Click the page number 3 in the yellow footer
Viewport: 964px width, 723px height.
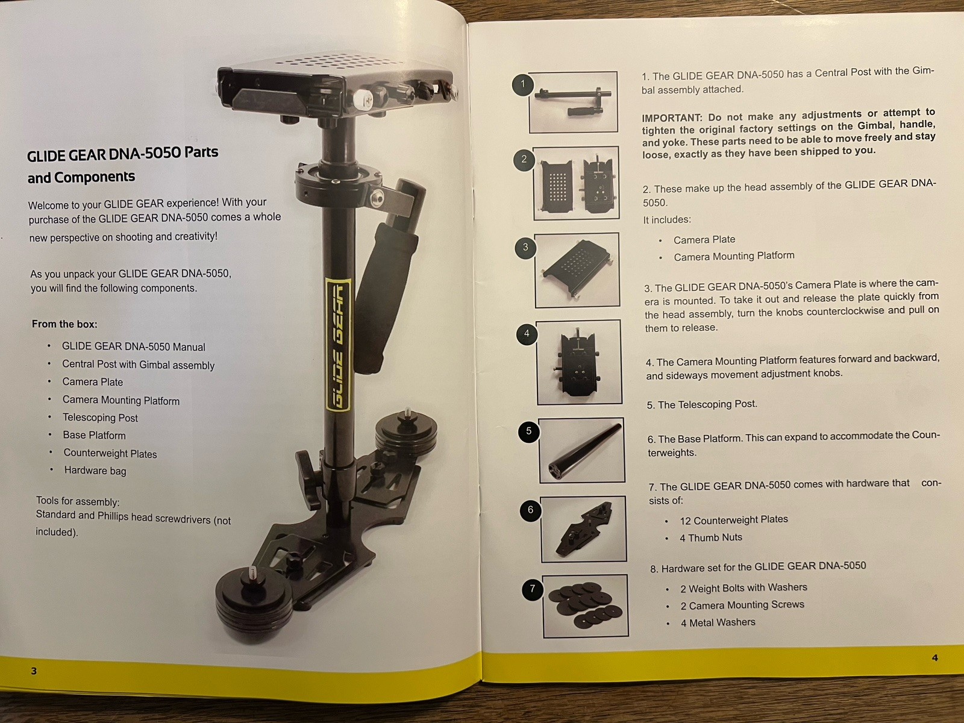click(x=34, y=671)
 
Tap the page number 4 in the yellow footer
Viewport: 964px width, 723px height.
click(x=934, y=657)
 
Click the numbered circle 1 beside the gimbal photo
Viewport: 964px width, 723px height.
click(x=522, y=84)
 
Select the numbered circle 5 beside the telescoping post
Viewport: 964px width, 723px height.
click(x=529, y=431)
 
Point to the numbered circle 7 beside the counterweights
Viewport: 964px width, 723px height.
click(x=533, y=589)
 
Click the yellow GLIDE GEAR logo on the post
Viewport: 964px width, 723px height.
click(x=338, y=344)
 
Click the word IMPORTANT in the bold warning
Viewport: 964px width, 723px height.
click(x=672, y=118)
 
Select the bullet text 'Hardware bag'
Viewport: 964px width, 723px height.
click(x=95, y=471)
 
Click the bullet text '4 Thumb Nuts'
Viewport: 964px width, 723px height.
click(x=710, y=537)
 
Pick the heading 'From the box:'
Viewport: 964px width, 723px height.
click(x=64, y=324)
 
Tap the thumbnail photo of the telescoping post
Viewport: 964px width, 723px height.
click(x=582, y=451)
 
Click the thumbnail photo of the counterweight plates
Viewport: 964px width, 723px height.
click(x=586, y=606)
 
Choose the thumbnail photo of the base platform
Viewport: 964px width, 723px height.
click(x=584, y=529)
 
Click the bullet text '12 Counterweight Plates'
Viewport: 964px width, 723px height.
click(x=734, y=520)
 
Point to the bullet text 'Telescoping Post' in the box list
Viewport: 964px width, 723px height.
click(x=100, y=418)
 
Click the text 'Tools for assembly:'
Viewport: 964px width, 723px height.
click(x=78, y=501)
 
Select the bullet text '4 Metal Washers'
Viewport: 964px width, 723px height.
click(x=718, y=622)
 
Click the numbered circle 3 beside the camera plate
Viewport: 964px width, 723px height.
click(x=526, y=247)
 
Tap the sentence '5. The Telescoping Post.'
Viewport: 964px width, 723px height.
click(x=702, y=404)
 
